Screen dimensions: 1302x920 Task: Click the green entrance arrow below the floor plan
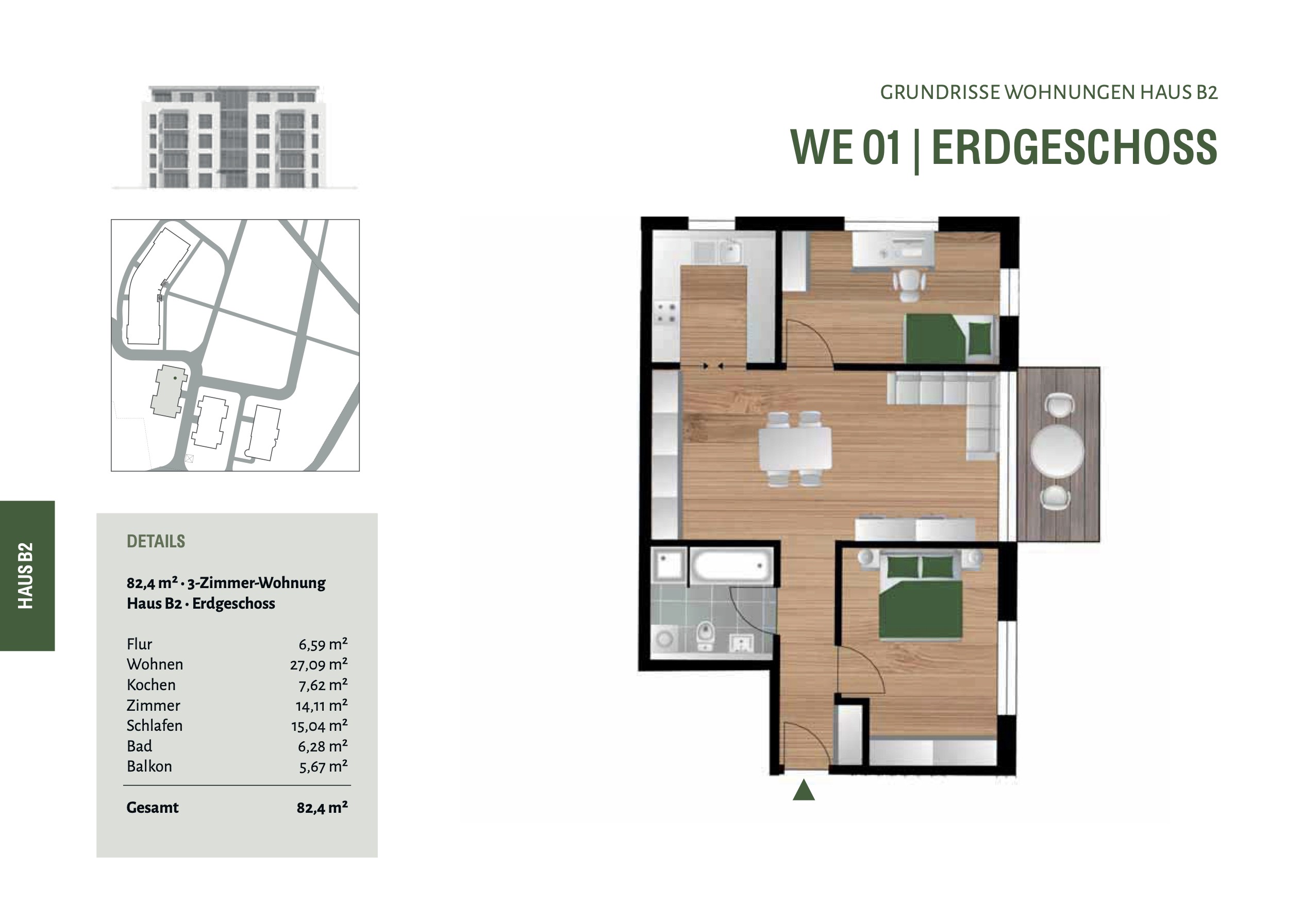(x=804, y=790)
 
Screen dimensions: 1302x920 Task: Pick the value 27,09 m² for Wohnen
(x=319, y=664)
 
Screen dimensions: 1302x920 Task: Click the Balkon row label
(x=149, y=766)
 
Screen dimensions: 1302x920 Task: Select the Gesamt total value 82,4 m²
(x=322, y=807)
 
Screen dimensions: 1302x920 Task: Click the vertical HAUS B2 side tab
(x=26, y=576)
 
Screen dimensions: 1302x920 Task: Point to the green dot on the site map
(x=175, y=378)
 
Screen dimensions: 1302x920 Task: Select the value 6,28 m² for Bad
(x=323, y=746)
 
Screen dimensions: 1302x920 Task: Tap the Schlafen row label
(x=154, y=726)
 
